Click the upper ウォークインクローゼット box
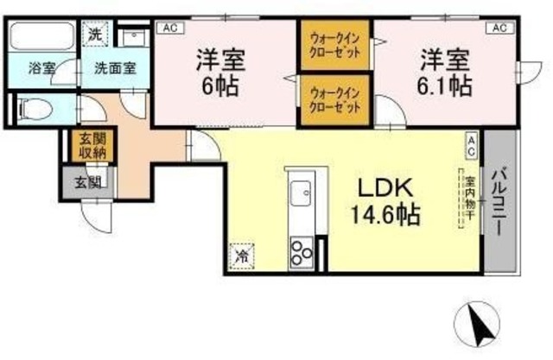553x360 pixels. [336, 45]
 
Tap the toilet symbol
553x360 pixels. [35, 110]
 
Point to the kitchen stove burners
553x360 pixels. [301, 253]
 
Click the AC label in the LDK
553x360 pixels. [472, 145]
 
